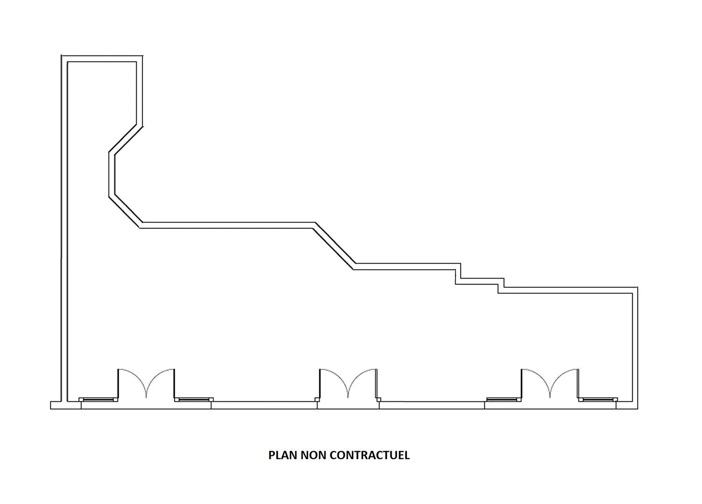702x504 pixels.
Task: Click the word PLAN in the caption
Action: (282, 455)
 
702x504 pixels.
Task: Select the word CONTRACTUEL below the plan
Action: (370, 455)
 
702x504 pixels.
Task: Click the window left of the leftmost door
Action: (98, 399)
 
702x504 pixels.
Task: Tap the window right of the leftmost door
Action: (194, 399)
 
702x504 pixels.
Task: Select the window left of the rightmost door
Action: (504, 399)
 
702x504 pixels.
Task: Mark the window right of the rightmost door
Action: (598, 399)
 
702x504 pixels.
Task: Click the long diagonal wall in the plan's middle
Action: (334, 246)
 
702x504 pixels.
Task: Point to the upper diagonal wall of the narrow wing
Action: (126, 139)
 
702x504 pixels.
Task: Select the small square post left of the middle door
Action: (317, 399)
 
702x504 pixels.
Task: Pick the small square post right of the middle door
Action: (379, 399)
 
